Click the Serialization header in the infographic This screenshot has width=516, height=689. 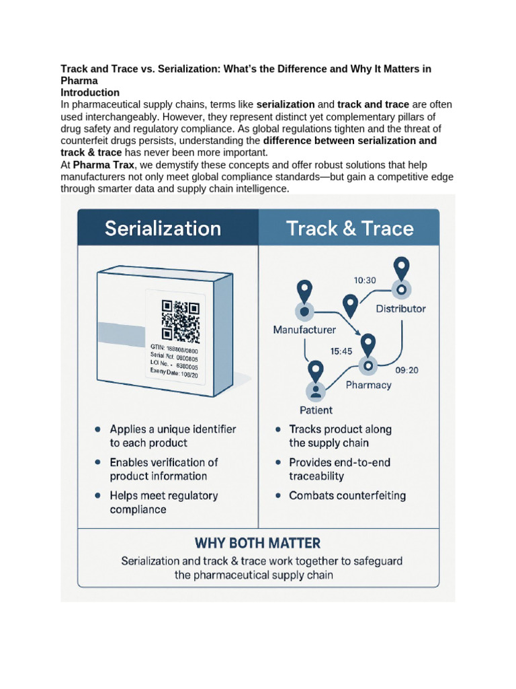point(163,229)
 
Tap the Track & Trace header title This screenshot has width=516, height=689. point(349,229)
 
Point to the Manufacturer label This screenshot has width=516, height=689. point(304,330)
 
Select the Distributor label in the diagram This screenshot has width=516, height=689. point(400,309)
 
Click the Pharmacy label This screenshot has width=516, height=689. point(368,385)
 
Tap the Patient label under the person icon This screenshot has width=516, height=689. point(316,410)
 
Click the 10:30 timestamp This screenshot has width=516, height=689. point(365,280)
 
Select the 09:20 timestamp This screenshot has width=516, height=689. point(408,370)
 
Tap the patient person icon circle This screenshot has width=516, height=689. point(316,391)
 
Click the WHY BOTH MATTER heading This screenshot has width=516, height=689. point(257,542)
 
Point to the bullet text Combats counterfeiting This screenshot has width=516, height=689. point(347,496)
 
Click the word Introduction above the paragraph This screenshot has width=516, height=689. point(90,93)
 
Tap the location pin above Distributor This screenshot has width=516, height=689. point(401,269)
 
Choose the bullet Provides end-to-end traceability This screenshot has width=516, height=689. point(339,469)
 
